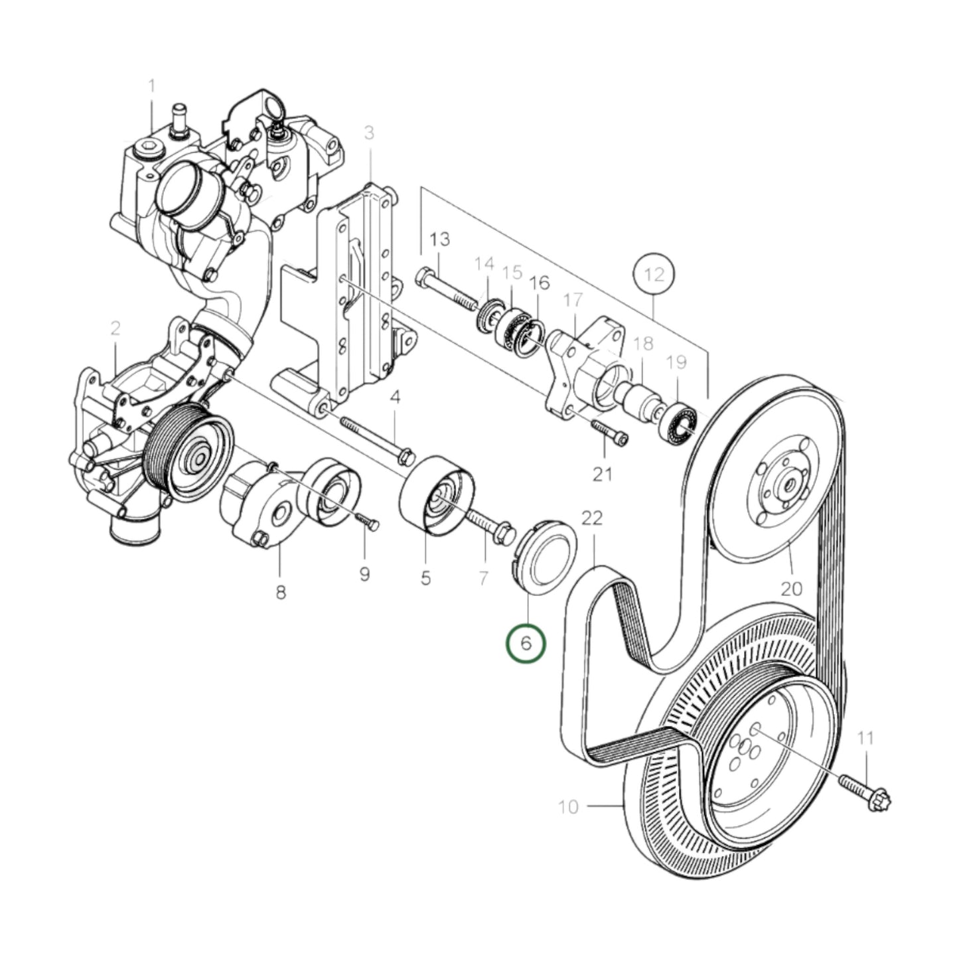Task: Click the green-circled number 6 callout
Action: coord(526,643)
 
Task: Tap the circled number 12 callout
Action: coord(654,273)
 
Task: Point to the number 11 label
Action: coord(865,737)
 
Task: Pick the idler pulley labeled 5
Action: coord(436,494)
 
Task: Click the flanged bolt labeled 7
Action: coord(491,524)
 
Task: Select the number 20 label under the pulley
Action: coord(792,587)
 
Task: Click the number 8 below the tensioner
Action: coord(280,592)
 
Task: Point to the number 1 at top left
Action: coord(152,86)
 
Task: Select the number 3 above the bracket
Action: coord(369,133)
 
